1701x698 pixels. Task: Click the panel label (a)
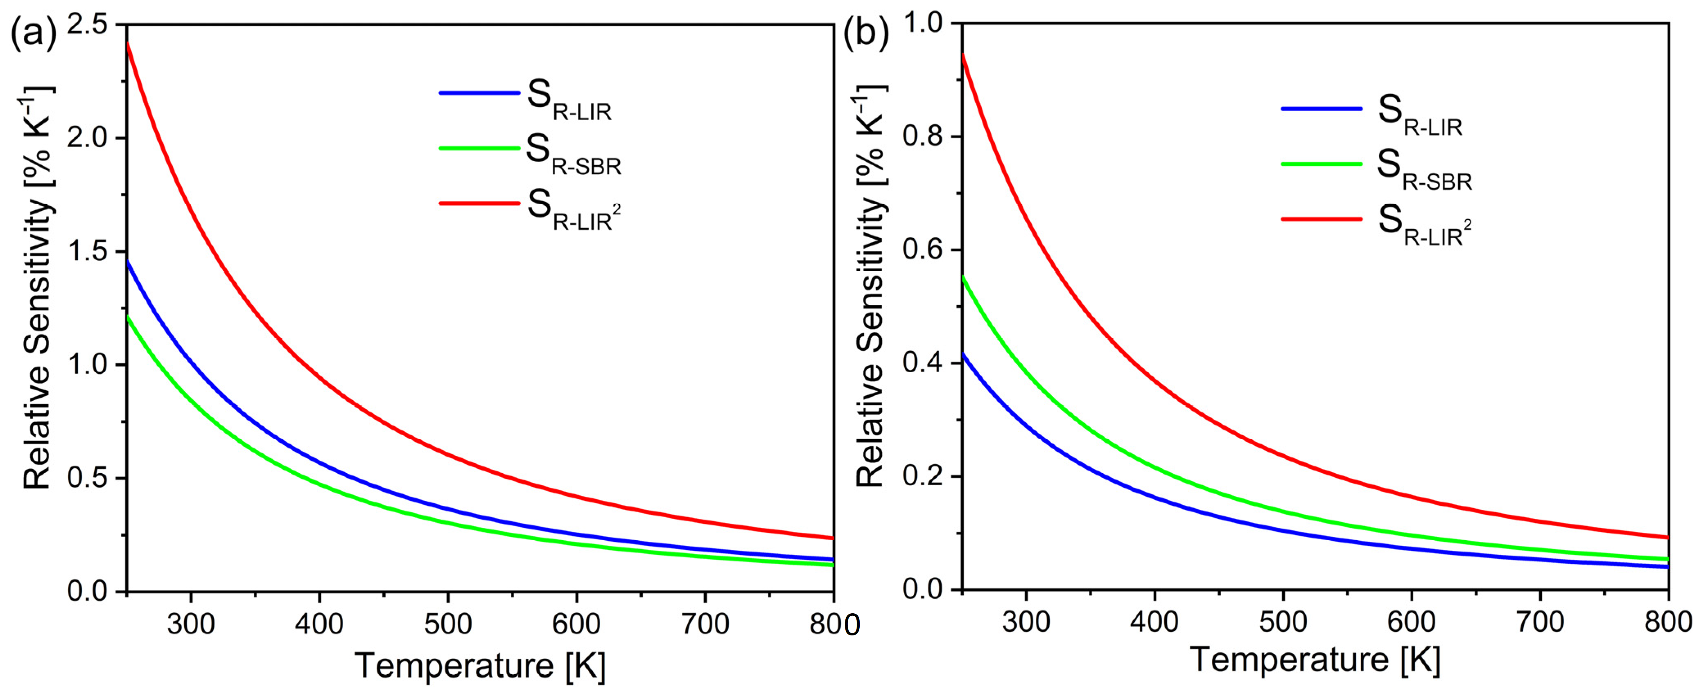34,34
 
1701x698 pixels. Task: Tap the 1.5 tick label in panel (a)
92,252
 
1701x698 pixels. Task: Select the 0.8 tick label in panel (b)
924,137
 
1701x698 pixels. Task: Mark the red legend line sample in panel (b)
1321,219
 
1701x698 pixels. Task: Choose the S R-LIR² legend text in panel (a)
573,210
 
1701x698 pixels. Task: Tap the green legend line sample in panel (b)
1321,164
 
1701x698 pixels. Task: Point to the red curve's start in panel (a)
127,43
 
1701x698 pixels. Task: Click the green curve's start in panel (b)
963,277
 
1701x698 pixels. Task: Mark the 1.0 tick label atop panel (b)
924,24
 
